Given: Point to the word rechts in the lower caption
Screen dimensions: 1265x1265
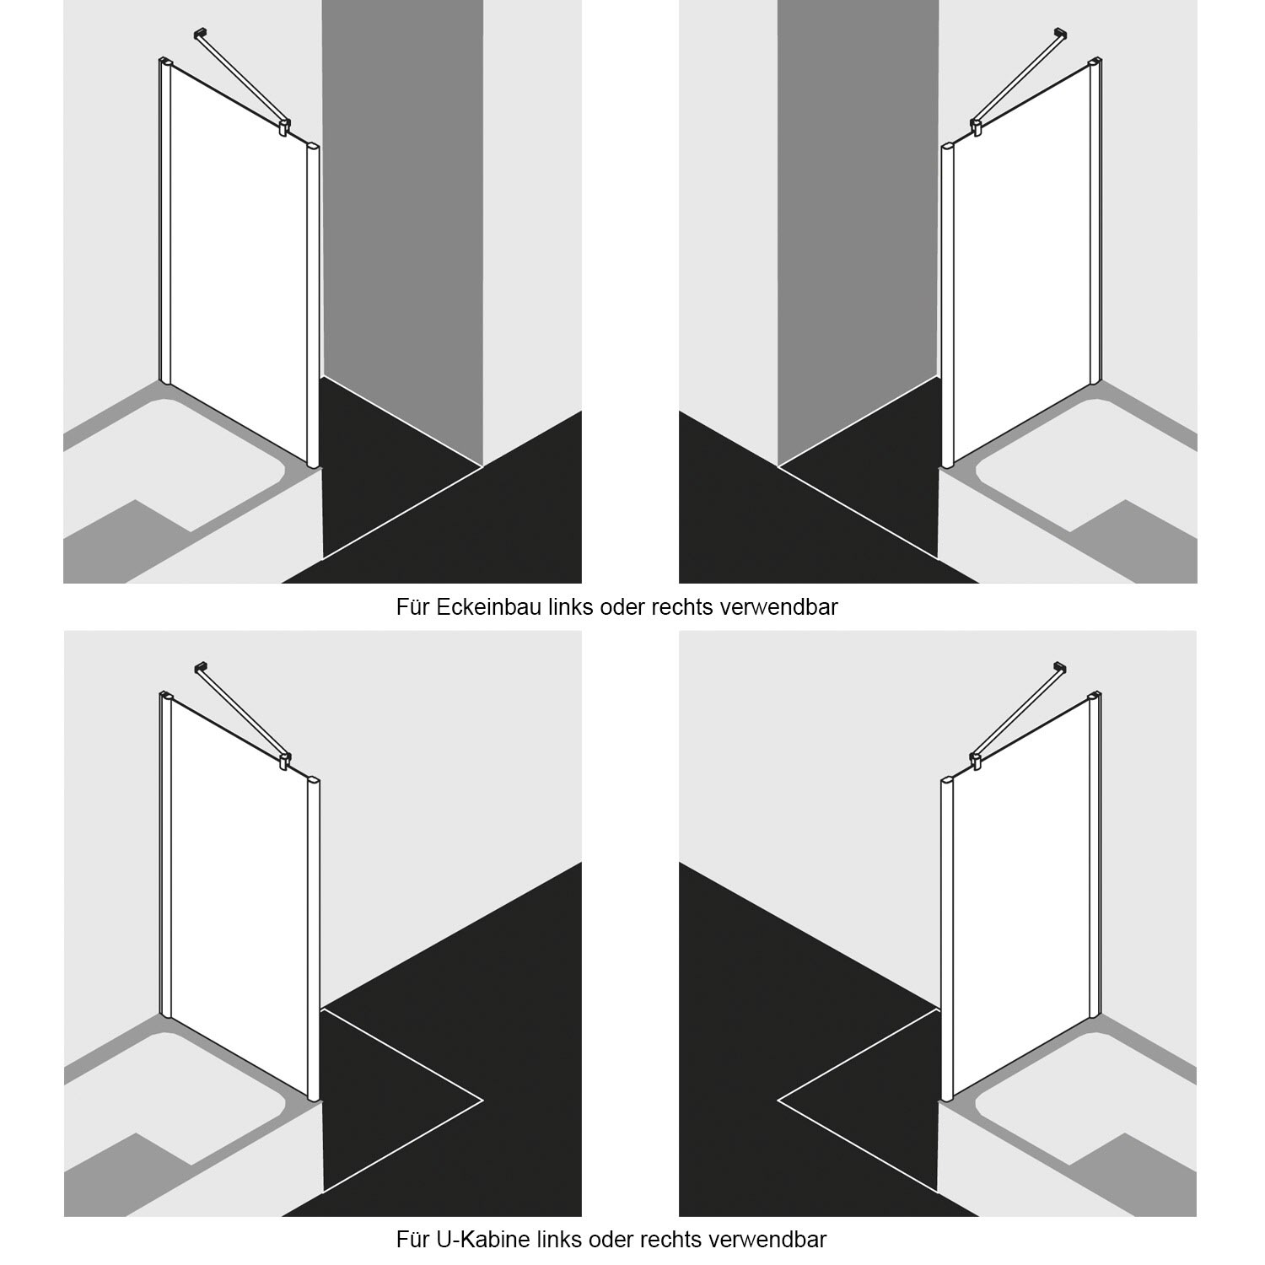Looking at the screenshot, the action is [670, 1240].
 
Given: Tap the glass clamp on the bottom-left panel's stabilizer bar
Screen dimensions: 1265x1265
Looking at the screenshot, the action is [284, 762].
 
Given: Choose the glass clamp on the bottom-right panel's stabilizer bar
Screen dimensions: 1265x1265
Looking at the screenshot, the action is [977, 762].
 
